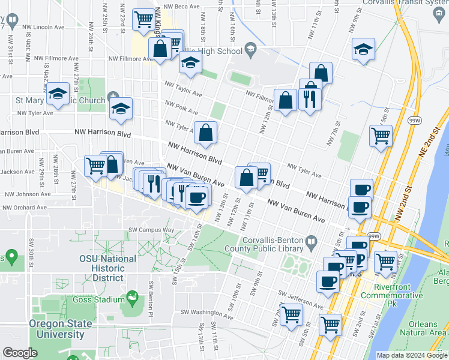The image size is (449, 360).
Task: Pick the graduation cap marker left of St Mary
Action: tap(58, 94)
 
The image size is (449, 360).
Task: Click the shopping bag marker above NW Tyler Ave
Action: tap(205, 133)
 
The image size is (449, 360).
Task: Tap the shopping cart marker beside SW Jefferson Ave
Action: tap(292, 314)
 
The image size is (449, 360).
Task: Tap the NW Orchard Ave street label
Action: tap(25, 208)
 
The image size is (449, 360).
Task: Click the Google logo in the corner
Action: tap(20, 353)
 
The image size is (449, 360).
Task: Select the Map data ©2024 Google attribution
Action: tap(411, 355)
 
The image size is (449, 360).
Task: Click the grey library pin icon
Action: tap(310, 242)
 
